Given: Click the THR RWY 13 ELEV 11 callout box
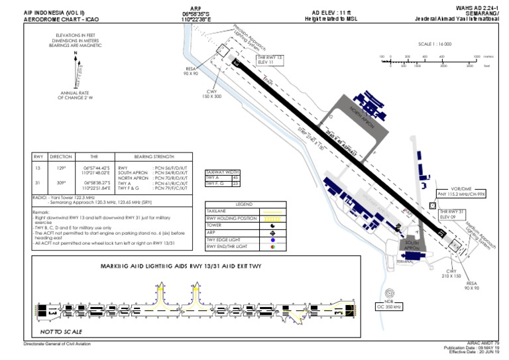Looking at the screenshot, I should (x=270, y=60).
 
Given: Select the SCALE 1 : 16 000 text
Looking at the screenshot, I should (x=435, y=44).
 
